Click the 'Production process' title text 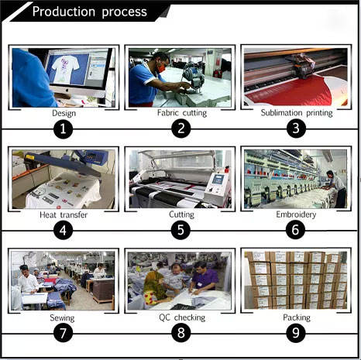click(90, 12)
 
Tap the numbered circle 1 click(64, 129)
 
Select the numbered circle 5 click(180, 230)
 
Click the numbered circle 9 click(296, 333)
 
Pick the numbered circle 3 click(296, 129)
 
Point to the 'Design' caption click(64, 113)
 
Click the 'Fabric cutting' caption click(182, 113)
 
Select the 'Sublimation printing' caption click(297, 113)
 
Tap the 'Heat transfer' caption click(64, 214)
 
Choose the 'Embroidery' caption click(296, 214)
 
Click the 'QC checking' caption click(182, 317)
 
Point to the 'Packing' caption click(297, 317)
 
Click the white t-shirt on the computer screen click(65, 67)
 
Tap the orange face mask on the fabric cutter click(161, 68)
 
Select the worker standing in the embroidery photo click(336, 188)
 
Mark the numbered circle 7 click(64, 333)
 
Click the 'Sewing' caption click(62, 317)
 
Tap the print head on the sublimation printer click(303, 67)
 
